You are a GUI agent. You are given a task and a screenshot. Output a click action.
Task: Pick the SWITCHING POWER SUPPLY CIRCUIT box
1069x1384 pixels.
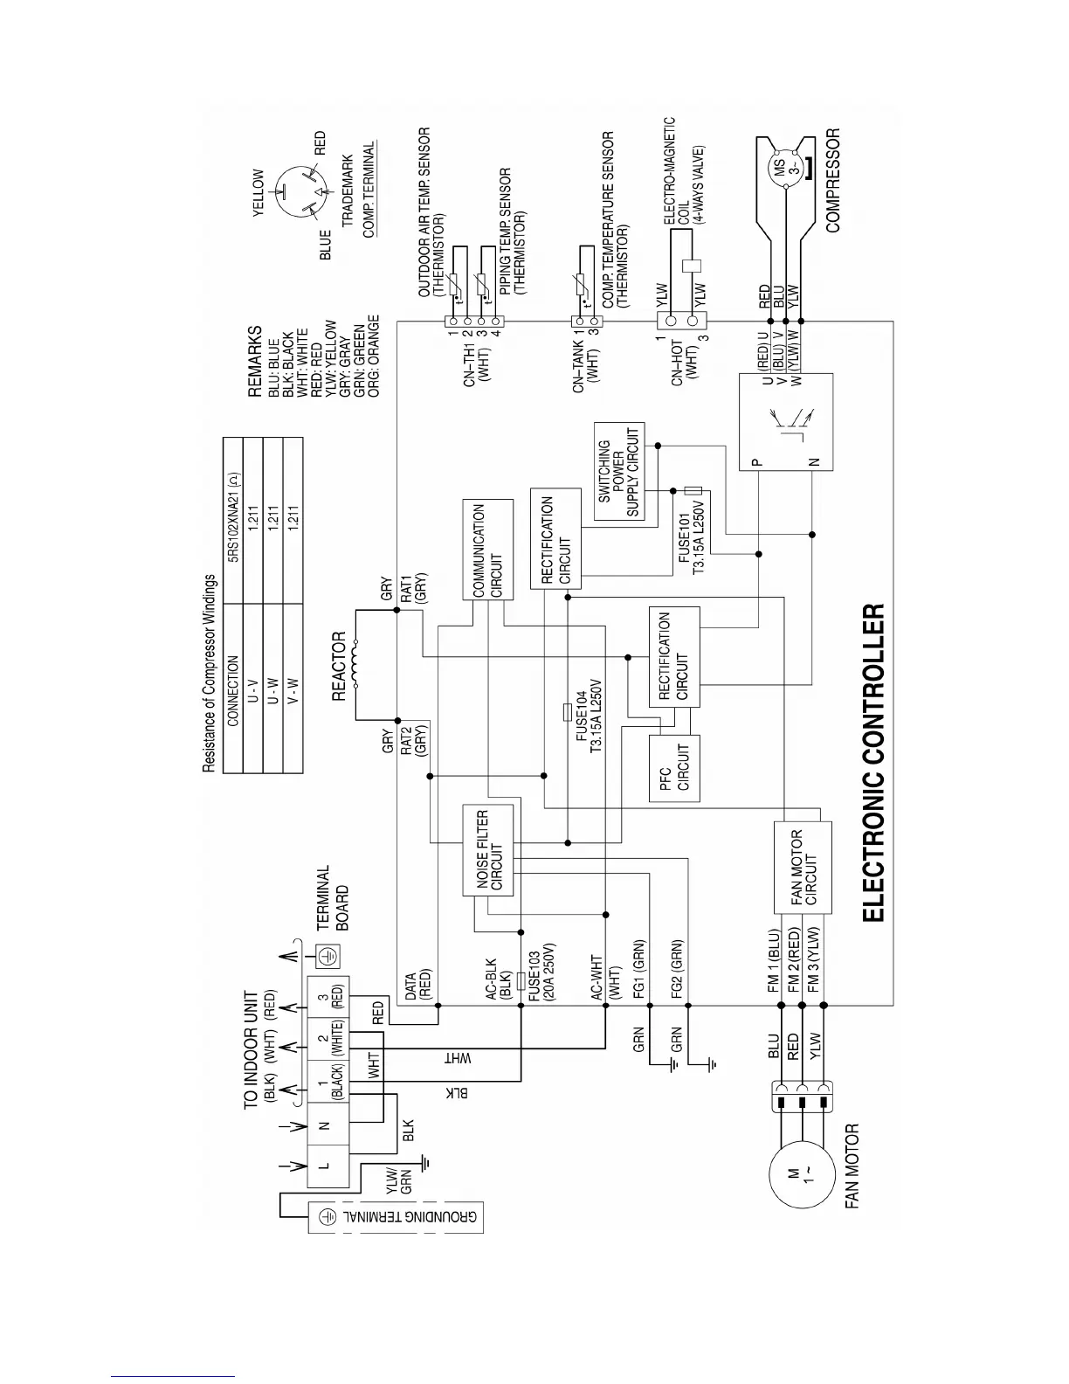coord(619,472)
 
